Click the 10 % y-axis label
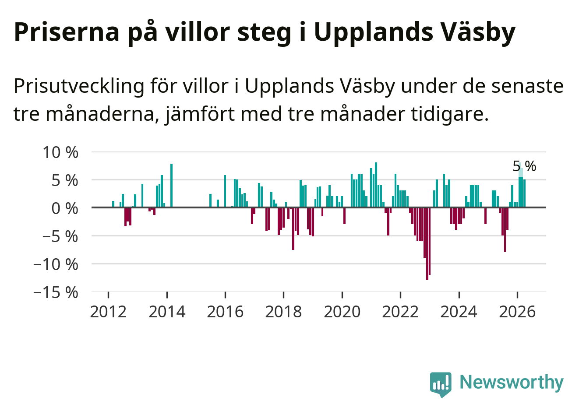(x=60, y=152)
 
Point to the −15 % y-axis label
(x=56, y=293)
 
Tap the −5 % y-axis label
(x=60, y=236)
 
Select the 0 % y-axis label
(x=65, y=208)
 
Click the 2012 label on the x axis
(x=108, y=312)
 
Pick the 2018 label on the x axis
(x=283, y=312)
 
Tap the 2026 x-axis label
(x=517, y=312)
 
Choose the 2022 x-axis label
(x=400, y=312)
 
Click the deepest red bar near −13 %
(x=427, y=244)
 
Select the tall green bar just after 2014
(x=171, y=185)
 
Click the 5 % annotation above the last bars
(x=524, y=166)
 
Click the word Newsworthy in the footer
(x=512, y=382)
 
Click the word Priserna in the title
(x=67, y=32)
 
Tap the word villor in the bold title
(x=198, y=32)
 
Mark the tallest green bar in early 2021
(x=376, y=185)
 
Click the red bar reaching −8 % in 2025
(x=505, y=230)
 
